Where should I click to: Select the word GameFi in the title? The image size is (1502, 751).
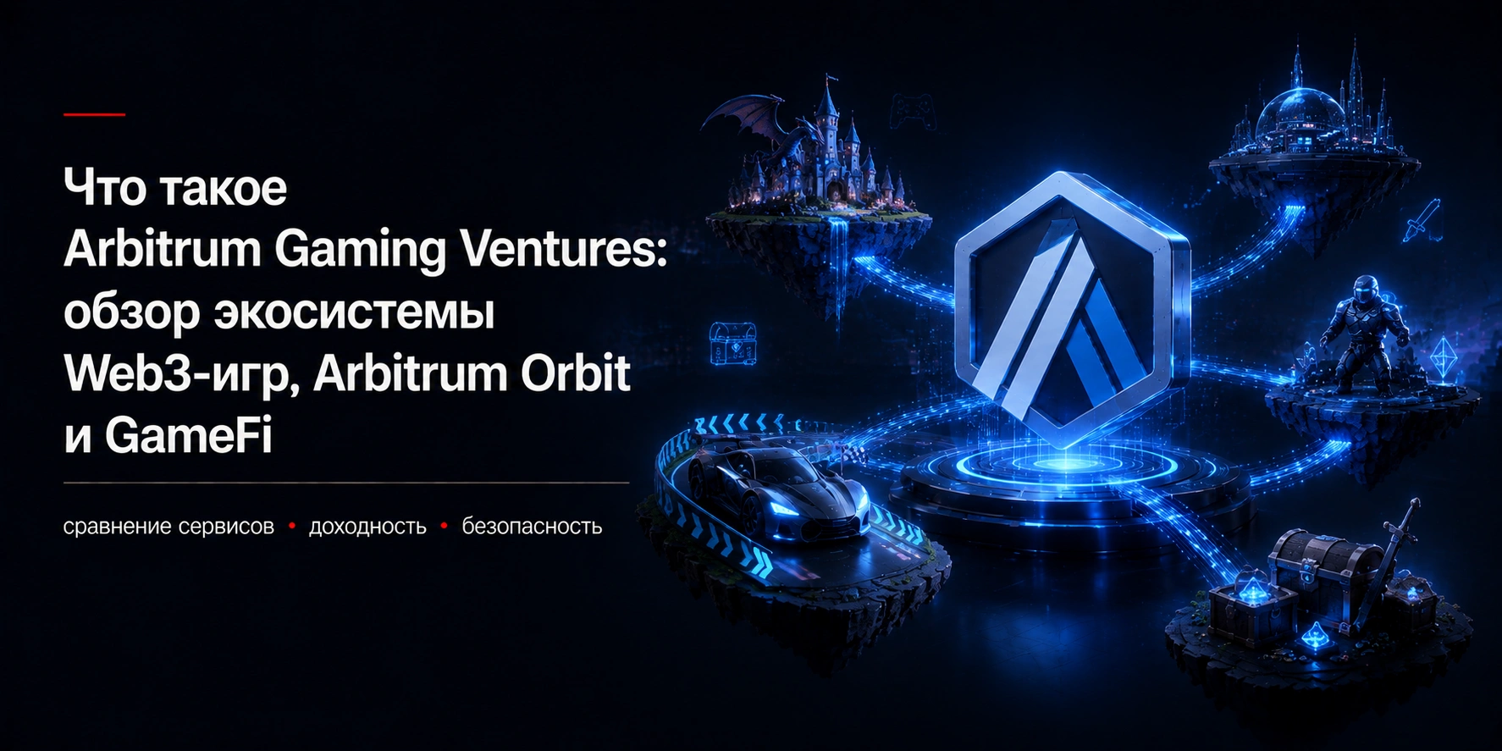[188, 436]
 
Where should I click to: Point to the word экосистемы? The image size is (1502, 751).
[354, 312]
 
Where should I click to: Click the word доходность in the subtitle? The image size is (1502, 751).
[367, 527]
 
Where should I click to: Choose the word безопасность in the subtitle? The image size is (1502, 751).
[532, 527]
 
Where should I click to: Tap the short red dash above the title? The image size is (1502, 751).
[94, 114]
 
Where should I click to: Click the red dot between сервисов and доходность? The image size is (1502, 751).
[292, 527]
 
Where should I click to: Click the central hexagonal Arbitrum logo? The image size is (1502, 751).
[1072, 309]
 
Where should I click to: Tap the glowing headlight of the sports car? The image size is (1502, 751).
[781, 510]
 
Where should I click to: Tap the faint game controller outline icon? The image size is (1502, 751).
[913, 110]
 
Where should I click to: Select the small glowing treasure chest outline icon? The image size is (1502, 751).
[732, 344]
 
